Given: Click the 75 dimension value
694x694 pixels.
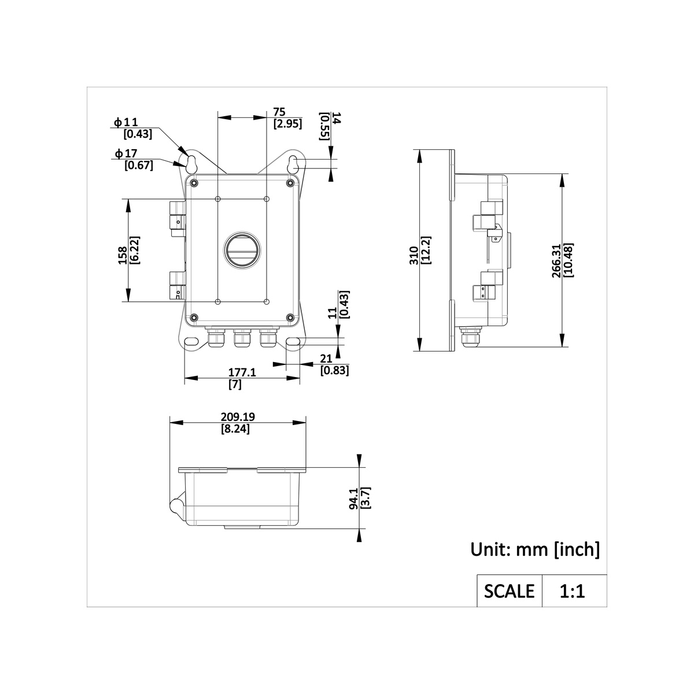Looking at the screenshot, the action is tap(279, 112).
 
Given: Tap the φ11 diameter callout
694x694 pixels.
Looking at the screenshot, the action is tap(125, 123).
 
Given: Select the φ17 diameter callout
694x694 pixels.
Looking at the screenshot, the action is tap(126, 154).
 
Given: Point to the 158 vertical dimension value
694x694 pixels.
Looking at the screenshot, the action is tap(123, 256).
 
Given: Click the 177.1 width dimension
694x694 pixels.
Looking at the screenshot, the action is tap(242, 372).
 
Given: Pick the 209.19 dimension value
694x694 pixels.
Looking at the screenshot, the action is tap(237, 417).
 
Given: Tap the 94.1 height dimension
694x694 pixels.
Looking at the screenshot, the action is tap(354, 499).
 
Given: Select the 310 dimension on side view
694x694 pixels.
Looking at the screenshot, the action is tap(414, 256).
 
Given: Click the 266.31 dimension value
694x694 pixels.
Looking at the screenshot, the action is tap(556, 261).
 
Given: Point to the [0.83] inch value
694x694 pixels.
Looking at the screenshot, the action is tap(335, 370).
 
